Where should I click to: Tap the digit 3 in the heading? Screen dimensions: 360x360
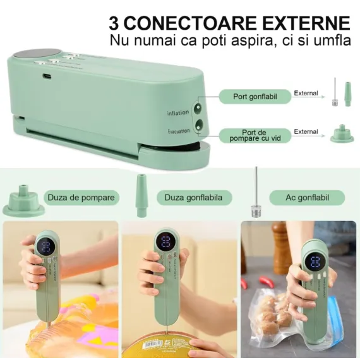click(114, 23)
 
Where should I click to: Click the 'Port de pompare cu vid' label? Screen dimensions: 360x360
click(256, 135)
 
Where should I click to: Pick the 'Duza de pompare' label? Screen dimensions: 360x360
click(81, 198)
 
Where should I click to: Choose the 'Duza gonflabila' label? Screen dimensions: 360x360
click(193, 198)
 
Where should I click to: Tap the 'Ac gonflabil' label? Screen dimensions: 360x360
click(307, 198)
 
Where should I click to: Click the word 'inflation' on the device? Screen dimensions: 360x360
click(178, 112)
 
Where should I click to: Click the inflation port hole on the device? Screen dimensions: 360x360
click(200, 108)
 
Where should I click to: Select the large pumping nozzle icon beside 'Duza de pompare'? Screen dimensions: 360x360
click(23, 201)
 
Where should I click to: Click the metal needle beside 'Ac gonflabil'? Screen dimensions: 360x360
click(256, 193)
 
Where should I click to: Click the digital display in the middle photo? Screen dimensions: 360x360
click(166, 243)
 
